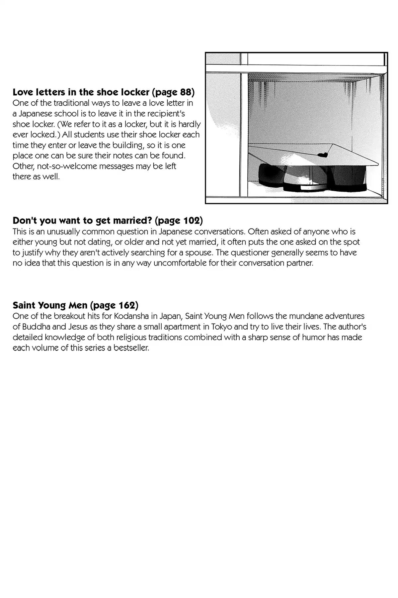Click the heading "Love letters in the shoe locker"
coord(81,92)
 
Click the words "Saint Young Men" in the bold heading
coord(50,305)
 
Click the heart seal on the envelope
coord(322,154)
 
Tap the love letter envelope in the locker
coord(312,156)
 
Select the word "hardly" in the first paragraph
coord(189,124)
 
